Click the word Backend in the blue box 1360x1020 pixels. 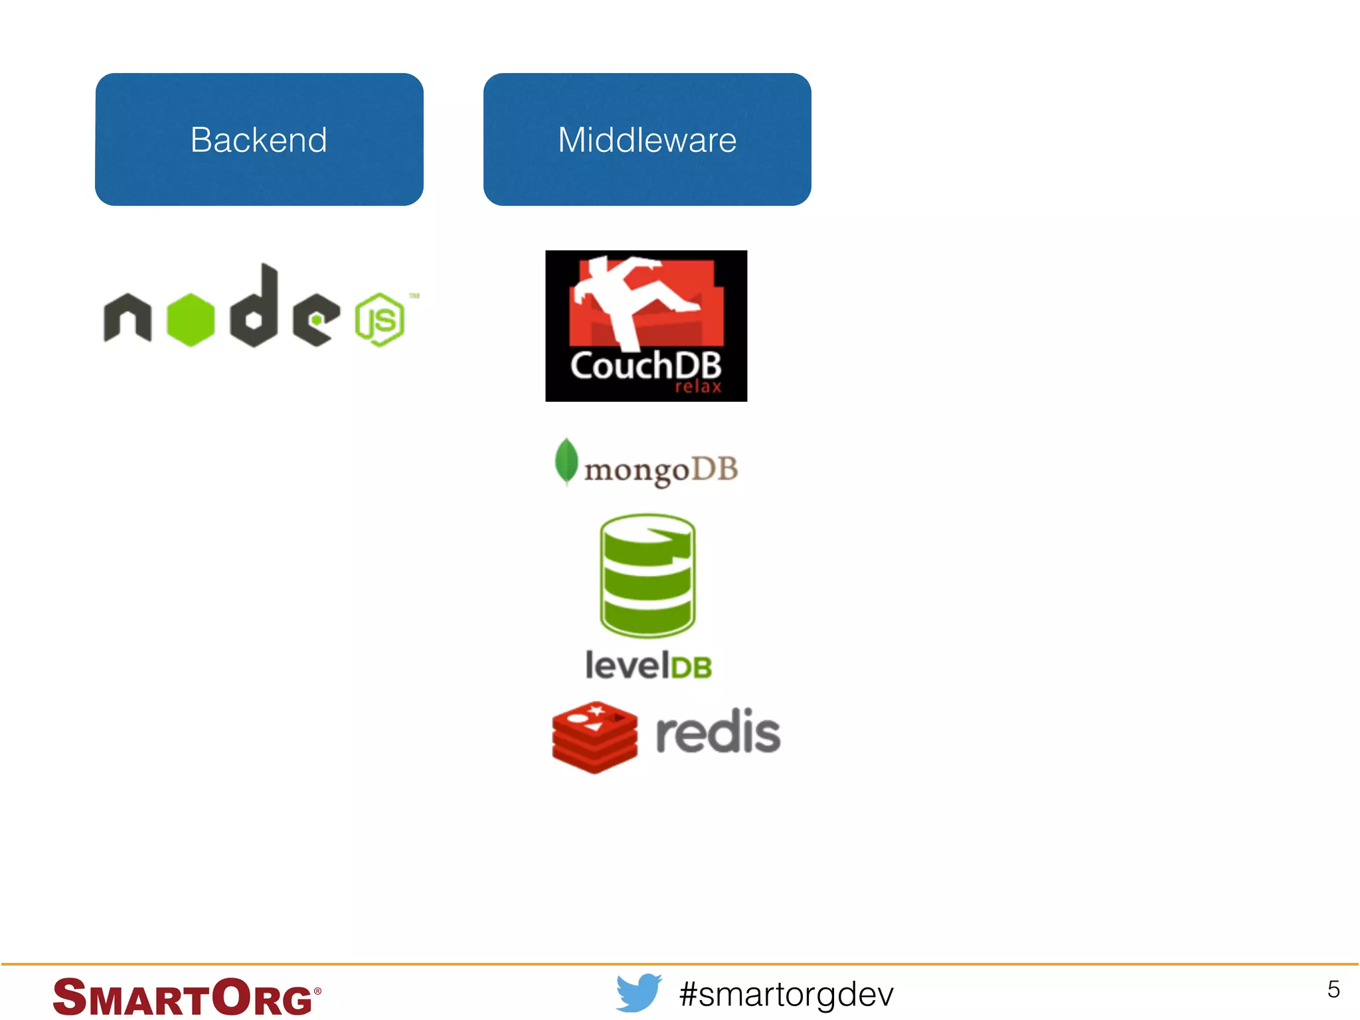(x=258, y=140)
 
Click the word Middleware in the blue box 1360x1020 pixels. (x=647, y=140)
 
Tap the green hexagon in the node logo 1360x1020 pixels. (x=191, y=319)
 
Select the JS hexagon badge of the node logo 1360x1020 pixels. (x=379, y=320)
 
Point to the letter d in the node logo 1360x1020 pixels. (x=255, y=307)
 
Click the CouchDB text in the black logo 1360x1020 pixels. (x=645, y=366)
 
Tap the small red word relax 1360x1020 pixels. (x=698, y=387)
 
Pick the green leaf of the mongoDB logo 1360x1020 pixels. (x=566, y=461)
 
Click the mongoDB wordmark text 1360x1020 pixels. (x=661, y=470)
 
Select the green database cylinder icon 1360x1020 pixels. (x=647, y=574)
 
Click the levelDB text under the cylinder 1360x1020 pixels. (x=648, y=665)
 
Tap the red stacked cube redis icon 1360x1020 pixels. (x=594, y=736)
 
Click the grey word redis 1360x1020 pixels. (x=718, y=732)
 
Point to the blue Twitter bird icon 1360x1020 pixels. (x=638, y=993)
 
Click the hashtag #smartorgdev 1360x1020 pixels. (x=786, y=994)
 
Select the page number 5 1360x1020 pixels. (x=1333, y=989)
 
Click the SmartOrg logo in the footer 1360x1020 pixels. (x=183, y=997)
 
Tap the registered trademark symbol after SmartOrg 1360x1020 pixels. (x=317, y=991)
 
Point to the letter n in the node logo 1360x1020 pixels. (x=127, y=318)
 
